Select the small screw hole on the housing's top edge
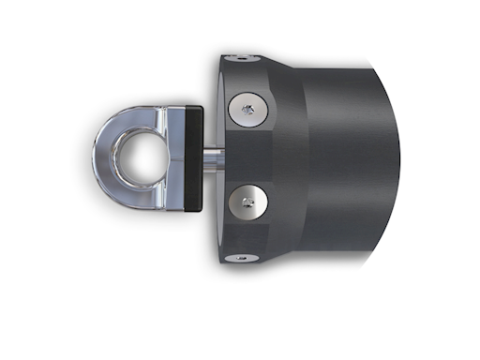coord(242,58)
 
